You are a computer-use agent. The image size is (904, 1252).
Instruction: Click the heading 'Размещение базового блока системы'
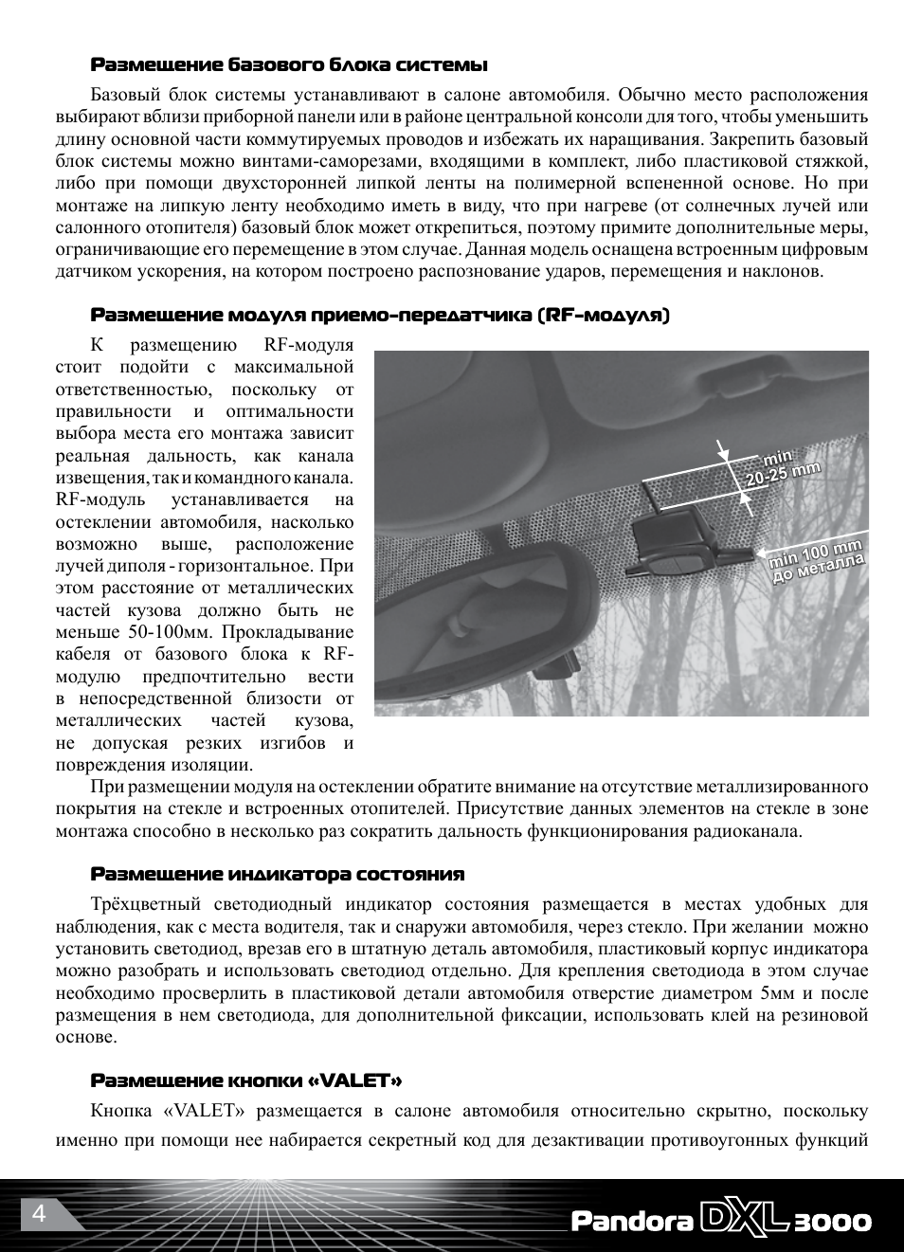pos(289,65)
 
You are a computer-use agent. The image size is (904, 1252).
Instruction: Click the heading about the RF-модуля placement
pos(380,315)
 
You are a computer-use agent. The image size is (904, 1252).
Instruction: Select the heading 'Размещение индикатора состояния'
pos(278,874)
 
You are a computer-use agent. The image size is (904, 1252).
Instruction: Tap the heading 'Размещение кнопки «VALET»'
pos(246,1080)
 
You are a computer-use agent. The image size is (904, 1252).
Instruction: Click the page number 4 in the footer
pos(39,1214)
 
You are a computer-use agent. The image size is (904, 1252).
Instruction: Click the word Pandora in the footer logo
pos(632,1222)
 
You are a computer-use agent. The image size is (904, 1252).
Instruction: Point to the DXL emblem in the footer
pos(744,1219)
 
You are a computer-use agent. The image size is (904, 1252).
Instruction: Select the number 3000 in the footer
pos(833,1222)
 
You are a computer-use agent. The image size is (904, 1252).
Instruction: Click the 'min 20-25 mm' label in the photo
pos(782,468)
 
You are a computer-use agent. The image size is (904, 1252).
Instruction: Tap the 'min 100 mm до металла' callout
pos(817,560)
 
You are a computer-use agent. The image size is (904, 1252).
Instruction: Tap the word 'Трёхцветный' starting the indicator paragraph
pos(146,904)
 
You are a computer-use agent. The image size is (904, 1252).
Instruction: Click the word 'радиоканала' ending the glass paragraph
pos(748,831)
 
